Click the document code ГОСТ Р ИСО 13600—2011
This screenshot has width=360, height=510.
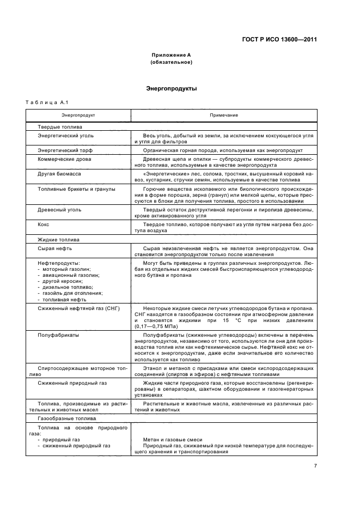click(279, 39)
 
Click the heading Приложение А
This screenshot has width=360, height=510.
click(170, 56)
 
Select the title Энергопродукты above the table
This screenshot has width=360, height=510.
click(171, 88)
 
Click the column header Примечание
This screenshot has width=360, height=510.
click(223, 115)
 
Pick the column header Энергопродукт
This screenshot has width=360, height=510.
click(78, 115)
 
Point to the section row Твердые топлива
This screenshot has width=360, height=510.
click(60, 126)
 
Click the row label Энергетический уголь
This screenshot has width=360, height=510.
click(65, 135)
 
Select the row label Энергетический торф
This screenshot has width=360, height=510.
click(64, 150)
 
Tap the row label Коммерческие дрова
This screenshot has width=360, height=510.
click(64, 159)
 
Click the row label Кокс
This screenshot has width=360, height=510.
click(44, 224)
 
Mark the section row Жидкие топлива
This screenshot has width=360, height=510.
click(58, 239)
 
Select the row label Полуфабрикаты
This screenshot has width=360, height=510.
click(58, 335)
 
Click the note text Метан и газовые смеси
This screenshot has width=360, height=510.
click(173, 440)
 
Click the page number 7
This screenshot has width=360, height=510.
click(315, 466)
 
